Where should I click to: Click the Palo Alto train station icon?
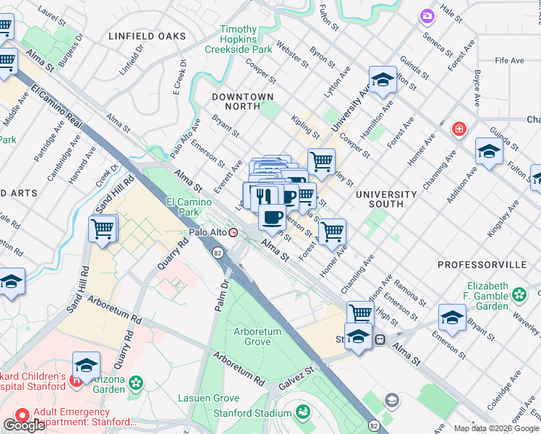pos(233,232)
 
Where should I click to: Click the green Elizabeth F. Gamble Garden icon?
pos(519,294)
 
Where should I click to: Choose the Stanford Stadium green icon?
pos(304,413)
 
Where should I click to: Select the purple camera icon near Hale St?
pos(427,15)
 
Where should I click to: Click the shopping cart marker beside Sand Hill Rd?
pos(103,229)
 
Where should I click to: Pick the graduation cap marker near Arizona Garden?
pos(86,366)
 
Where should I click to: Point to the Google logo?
pos(24,425)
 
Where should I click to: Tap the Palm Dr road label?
pos(221,295)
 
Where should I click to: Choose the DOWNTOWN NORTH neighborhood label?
pos(243,101)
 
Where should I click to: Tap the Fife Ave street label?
pos(510,61)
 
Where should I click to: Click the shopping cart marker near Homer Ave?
pos(332,231)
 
